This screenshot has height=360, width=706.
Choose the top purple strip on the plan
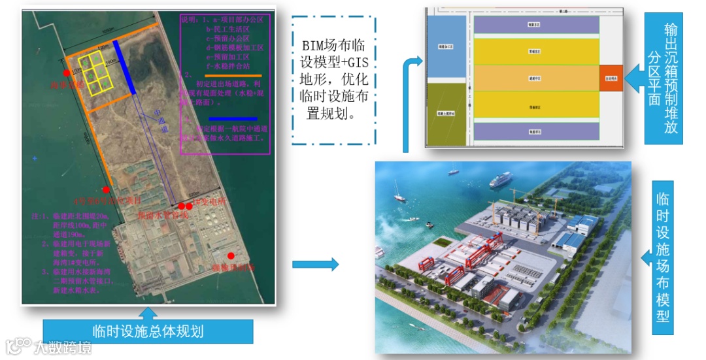536,25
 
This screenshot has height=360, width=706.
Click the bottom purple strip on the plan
536,132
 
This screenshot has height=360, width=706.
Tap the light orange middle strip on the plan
536,78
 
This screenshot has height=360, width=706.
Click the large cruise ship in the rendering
501,179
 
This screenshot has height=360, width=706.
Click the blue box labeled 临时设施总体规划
148,330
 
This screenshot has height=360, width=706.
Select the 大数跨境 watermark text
63,347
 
